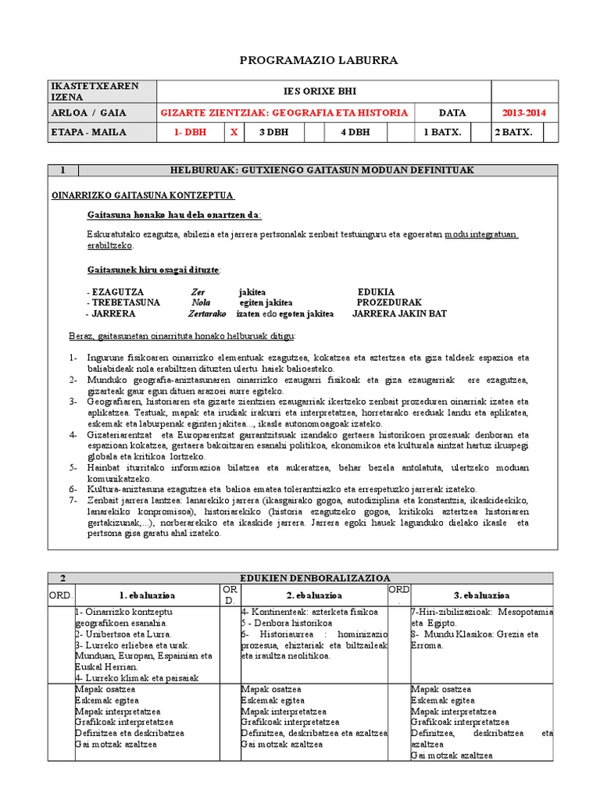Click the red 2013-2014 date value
tap(523, 112)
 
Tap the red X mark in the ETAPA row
tap(234, 132)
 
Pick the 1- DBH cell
tap(190, 132)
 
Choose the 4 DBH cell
tap(355, 132)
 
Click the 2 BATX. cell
tap(513, 132)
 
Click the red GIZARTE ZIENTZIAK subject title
tap(284, 112)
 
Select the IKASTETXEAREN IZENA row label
tap(84, 91)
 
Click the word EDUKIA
tap(376, 291)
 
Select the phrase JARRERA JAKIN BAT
tap(400, 313)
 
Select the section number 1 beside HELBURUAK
tap(62, 170)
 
